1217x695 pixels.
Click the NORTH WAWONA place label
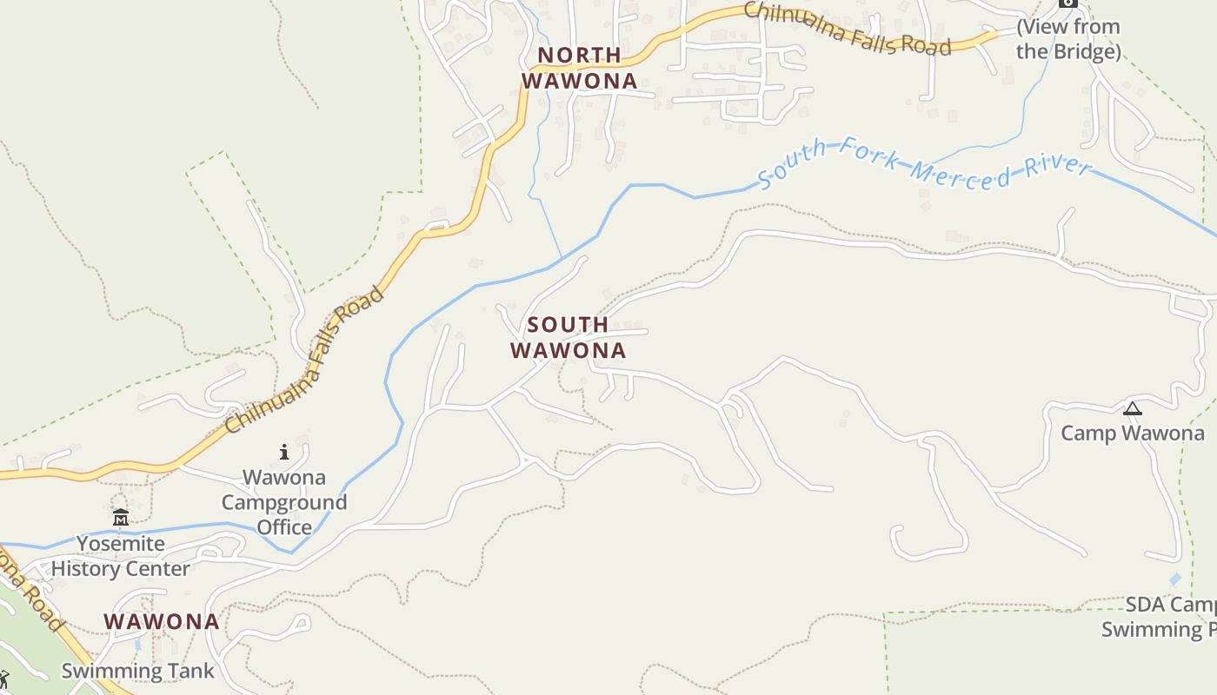[x=579, y=68]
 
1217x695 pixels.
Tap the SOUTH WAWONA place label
[x=568, y=338]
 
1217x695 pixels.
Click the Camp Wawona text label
[x=1133, y=433]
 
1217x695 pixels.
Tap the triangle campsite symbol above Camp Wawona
[x=1133, y=408]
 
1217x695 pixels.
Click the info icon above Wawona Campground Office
[x=283, y=452]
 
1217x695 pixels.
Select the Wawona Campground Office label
[x=284, y=502]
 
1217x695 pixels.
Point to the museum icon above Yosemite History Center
[x=121, y=518]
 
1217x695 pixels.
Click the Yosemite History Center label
[x=120, y=556]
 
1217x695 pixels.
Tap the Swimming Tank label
[x=137, y=671]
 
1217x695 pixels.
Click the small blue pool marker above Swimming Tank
[x=137, y=646]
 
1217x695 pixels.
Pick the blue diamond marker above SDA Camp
[x=1175, y=579]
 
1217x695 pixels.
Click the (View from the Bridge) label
[x=1068, y=39]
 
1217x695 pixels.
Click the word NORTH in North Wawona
[x=579, y=55]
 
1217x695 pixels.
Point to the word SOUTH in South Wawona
[x=568, y=325]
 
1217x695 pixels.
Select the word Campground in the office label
[x=284, y=502]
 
